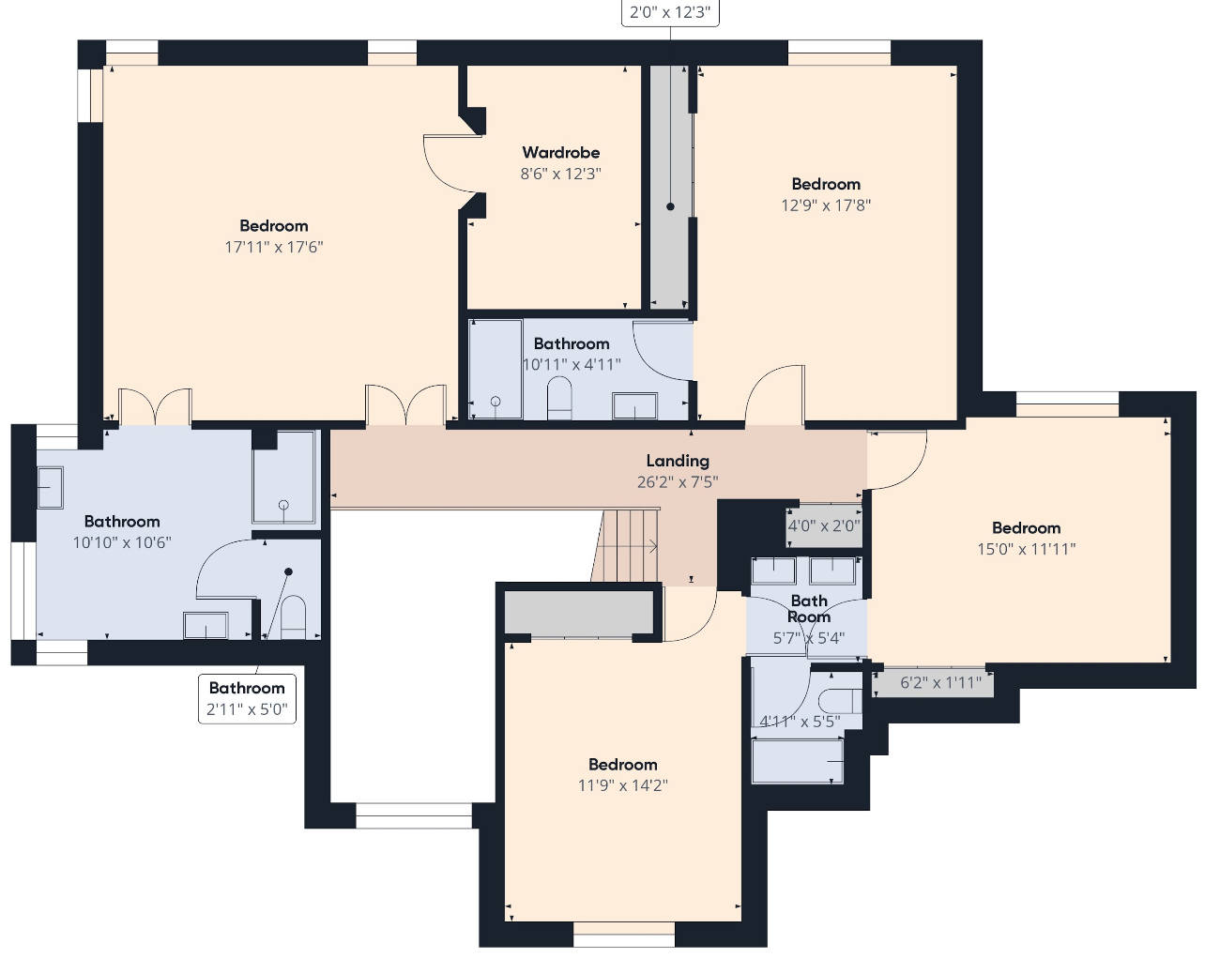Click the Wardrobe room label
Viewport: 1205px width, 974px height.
(x=560, y=153)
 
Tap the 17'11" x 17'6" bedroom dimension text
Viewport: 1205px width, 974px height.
(x=274, y=247)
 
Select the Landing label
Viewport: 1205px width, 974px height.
(x=678, y=461)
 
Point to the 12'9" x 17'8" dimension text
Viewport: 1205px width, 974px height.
(x=826, y=205)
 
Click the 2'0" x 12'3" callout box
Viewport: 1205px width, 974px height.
(x=670, y=12)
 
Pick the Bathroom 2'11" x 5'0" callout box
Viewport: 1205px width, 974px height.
(x=247, y=698)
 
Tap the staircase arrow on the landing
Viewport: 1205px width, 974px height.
(x=626, y=546)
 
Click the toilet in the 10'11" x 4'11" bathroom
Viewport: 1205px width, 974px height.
(x=559, y=398)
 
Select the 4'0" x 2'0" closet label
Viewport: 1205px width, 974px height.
(x=824, y=526)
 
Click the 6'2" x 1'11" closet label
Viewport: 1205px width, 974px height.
(x=940, y=683)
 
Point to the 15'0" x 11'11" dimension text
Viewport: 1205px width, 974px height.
(x=1027, y=549)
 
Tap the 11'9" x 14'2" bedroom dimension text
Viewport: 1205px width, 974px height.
(x=623, y=785)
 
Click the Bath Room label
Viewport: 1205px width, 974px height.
(x=809, y=609)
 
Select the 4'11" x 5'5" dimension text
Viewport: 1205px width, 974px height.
(x=800, y=722)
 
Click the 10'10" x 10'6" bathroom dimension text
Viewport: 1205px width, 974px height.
(x=122, y=543)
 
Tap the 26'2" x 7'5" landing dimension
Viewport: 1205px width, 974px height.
(x=678, y=482)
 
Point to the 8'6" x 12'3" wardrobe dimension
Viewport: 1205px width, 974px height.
(x=560, y=174)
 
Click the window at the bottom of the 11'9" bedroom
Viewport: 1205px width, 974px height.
(x=624, y=935)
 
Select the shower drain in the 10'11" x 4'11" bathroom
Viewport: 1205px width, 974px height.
(x=496, y=402)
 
